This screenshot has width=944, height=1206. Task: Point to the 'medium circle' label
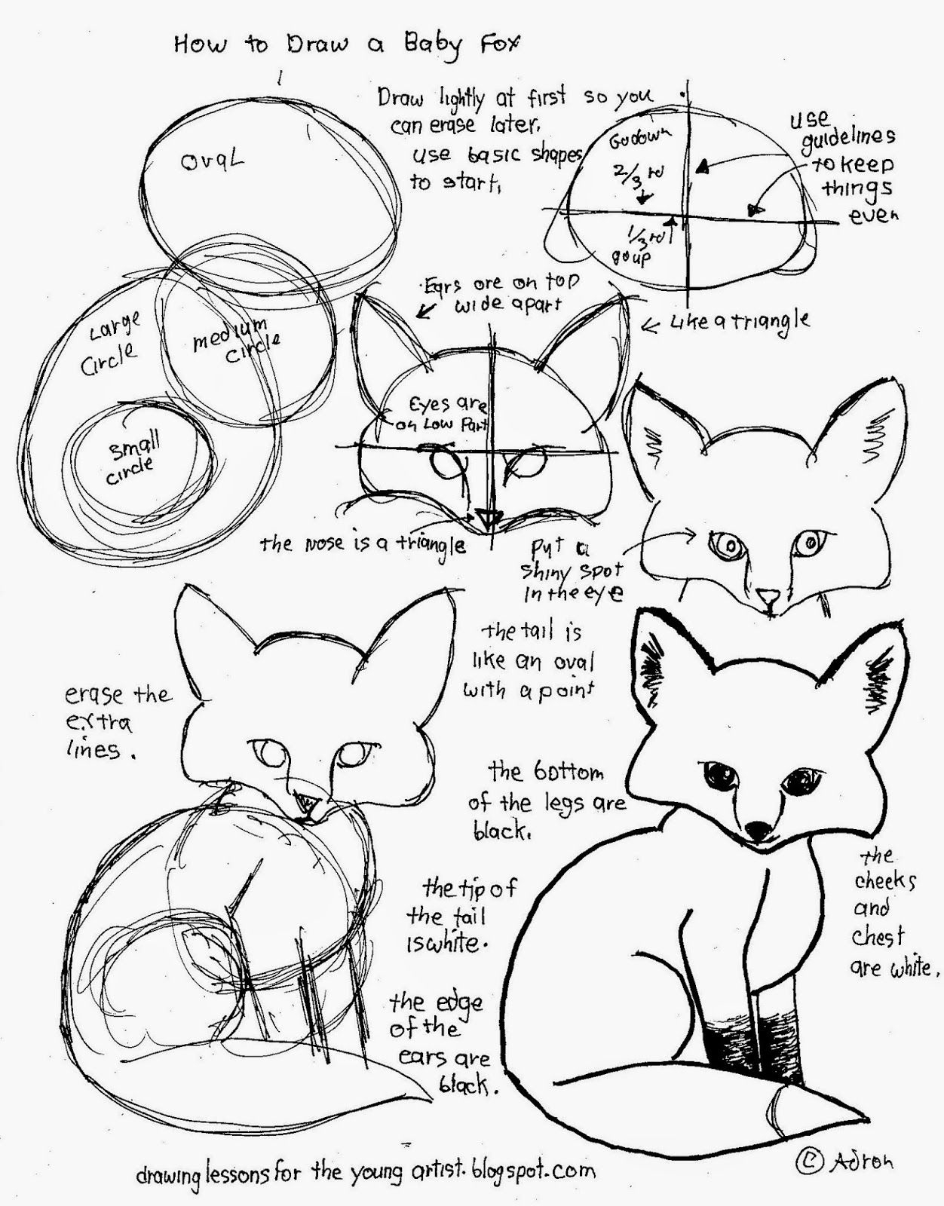click(x=234, y=343)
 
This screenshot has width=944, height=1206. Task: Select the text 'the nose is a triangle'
click(x=362, y=543)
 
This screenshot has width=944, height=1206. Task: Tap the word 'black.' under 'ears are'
click(x=466, y=1085)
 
